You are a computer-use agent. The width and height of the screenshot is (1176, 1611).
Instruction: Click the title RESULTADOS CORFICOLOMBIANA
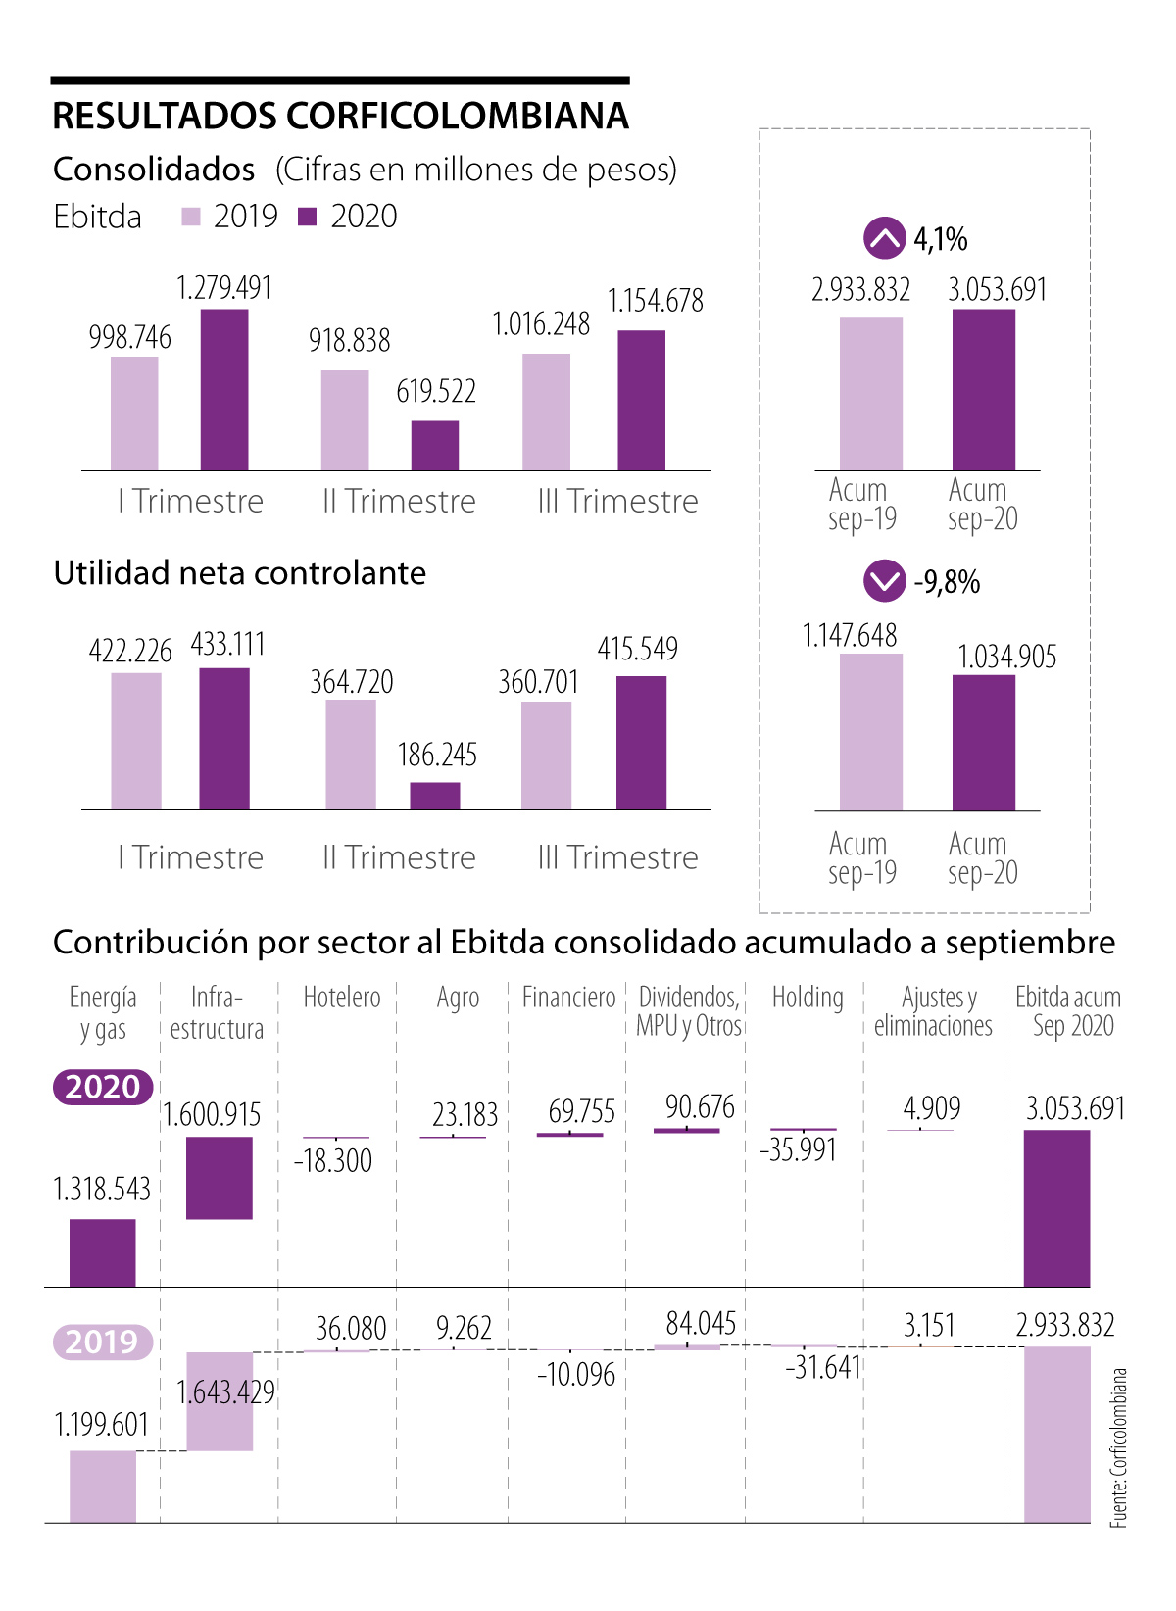[x=340, y=116]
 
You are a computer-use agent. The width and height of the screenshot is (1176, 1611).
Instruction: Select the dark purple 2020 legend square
[x=308, y=217]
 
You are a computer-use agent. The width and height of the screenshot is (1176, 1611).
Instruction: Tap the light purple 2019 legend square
[x=191, y=217]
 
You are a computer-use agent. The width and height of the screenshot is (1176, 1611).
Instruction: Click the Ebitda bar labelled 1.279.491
[x=224, y=390]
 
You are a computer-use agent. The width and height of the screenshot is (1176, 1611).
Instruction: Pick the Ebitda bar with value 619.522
[x=435, y=446]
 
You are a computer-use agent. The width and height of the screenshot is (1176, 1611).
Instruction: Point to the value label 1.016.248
[x=541, y=324]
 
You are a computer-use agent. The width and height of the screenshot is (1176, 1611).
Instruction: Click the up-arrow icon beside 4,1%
[x=884, y=238]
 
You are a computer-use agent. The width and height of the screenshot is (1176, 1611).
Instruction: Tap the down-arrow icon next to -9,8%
[x=884, y=581]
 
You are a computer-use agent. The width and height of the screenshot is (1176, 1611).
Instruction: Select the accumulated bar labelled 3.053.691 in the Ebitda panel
[x=984, y=390]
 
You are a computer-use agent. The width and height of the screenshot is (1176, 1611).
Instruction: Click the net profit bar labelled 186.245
[x=435, y=796]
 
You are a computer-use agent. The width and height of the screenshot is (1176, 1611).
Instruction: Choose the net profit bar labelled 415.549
[x=642, y=743]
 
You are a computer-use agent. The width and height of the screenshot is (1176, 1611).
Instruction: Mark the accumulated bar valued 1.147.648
[x=871, y=732]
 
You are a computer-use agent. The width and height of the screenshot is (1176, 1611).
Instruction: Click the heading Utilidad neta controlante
[x=240, y=573]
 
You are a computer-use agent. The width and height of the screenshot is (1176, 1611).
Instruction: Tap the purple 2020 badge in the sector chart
[x=103, y=1087]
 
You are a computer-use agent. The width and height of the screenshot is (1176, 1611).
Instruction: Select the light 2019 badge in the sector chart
[x=103, y=1341]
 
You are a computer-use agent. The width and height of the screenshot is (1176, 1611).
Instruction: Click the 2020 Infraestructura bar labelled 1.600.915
[x=220, y=1178]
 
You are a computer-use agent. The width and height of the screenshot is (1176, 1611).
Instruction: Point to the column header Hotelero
[x=341, y=998]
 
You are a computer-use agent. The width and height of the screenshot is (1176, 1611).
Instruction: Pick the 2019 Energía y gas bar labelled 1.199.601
[x=103, y=1487]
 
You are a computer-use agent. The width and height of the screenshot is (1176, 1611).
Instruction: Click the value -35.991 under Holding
[x=799, y=1149]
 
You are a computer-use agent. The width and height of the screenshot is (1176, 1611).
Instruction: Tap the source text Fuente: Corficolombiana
[x=1118, y=1447]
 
